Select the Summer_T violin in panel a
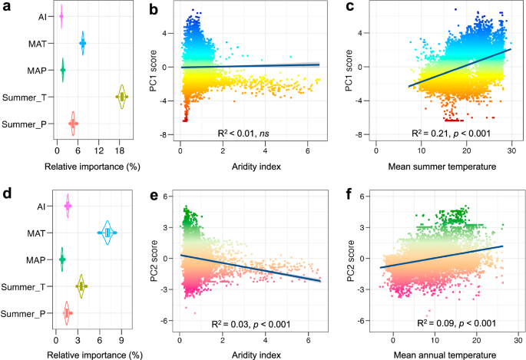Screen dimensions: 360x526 tap(121, 97)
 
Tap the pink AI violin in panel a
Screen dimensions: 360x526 tap(61, 16)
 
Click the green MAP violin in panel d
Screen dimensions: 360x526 tap(62, 259)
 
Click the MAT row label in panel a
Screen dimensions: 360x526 tap(35, 44)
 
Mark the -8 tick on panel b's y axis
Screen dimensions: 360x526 tap(164, 135)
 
